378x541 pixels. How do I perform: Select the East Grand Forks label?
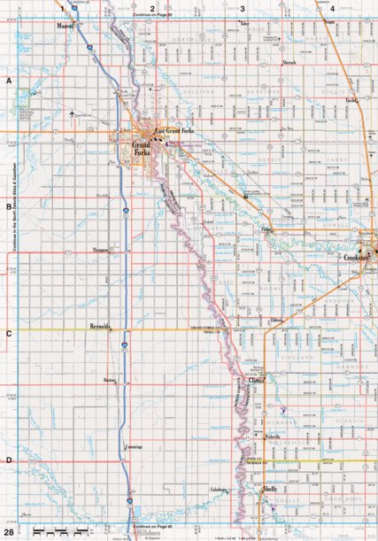[x=174, y=130]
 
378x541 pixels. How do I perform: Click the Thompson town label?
[x=104, y=251]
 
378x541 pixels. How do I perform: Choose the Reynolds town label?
[x=102, y=326]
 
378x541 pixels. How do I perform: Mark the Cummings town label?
[x=132, y=447]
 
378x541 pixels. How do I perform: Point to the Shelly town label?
[x=271, y=488]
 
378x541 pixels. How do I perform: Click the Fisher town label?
[x=268, y=228]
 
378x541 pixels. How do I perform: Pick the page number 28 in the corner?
[x=8, y=532]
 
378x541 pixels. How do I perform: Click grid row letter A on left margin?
[x=9, y=81]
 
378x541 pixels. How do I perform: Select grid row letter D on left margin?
[x=9, y=460]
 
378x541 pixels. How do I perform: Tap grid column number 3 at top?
[x=243, y=8]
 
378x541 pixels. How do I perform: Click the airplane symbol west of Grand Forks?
[x=69, y=113]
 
